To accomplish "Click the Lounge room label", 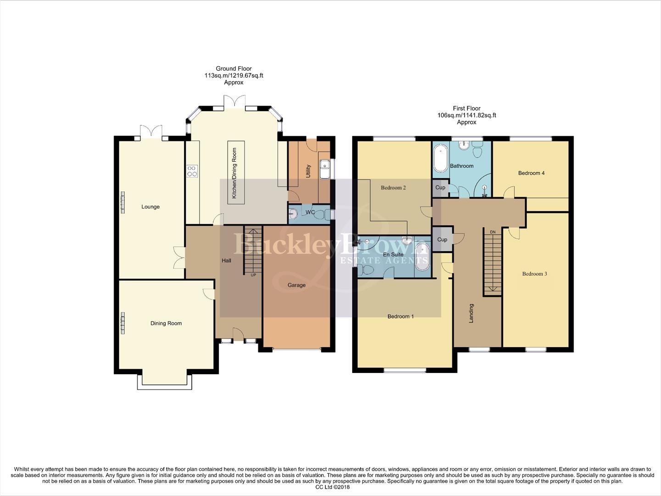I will [150, 207].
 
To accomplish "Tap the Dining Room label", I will [166, 323].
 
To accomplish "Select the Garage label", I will [296, 285].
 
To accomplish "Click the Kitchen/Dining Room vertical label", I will [234, 173].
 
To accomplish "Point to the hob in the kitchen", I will [192, 171].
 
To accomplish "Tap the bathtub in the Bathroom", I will [441, 158].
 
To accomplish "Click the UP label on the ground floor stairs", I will [253, 275].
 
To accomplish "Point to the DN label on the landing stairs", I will [493, 232].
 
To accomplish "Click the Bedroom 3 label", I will [534, 274].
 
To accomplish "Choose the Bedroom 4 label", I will [531, 173].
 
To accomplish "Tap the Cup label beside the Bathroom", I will [440, 187].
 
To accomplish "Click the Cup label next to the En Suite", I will [442, 240].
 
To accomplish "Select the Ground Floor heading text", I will [233, 68].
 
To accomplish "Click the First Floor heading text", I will [467, 108].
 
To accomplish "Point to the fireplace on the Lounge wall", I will [122, 203].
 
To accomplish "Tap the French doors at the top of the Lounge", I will [151, 132].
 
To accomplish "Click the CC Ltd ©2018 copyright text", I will [330, 487].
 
